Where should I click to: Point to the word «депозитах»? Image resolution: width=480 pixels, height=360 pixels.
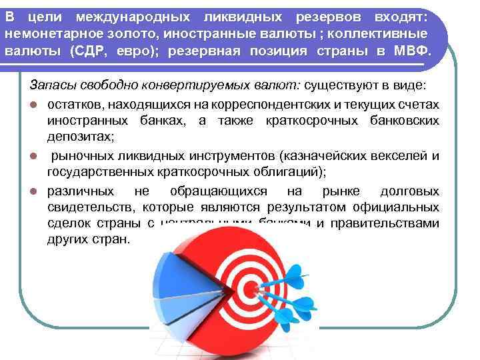point(80,137)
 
